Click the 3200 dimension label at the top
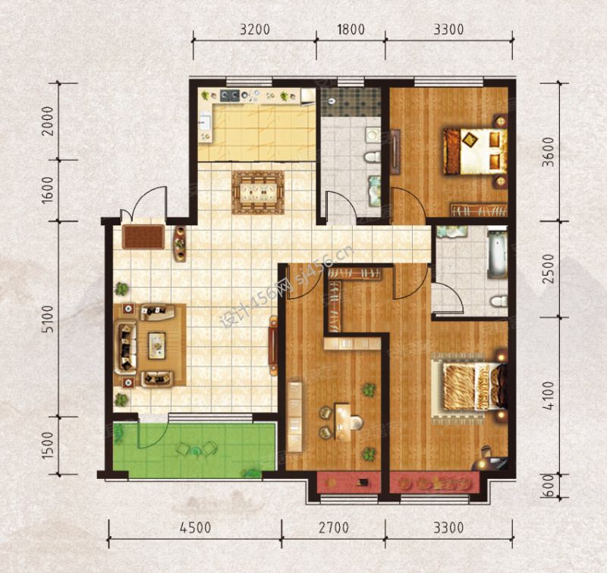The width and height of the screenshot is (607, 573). (x=254, y=30)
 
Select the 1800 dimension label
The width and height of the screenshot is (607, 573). (x=351, y=30)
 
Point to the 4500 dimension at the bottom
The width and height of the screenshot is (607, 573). (x=196, y=527)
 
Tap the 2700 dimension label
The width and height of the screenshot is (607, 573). (x=334, y=527)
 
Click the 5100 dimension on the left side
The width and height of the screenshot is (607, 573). (x=48, y=319)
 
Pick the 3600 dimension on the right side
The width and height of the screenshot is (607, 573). (x=548, y=152)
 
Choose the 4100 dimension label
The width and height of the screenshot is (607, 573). (x=548, y=395)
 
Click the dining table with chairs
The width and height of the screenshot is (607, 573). (x=258, y=192)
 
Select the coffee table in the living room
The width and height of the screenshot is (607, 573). (x=157, y=346)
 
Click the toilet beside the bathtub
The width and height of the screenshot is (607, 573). (x=499, y=301)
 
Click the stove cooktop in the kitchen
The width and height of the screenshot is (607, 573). (x=231, y=96)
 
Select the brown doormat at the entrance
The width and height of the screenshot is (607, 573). (x=143, y=237)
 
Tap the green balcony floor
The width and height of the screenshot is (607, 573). (x=194, y=450)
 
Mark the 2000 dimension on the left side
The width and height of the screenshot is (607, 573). (x=48, y=121)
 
